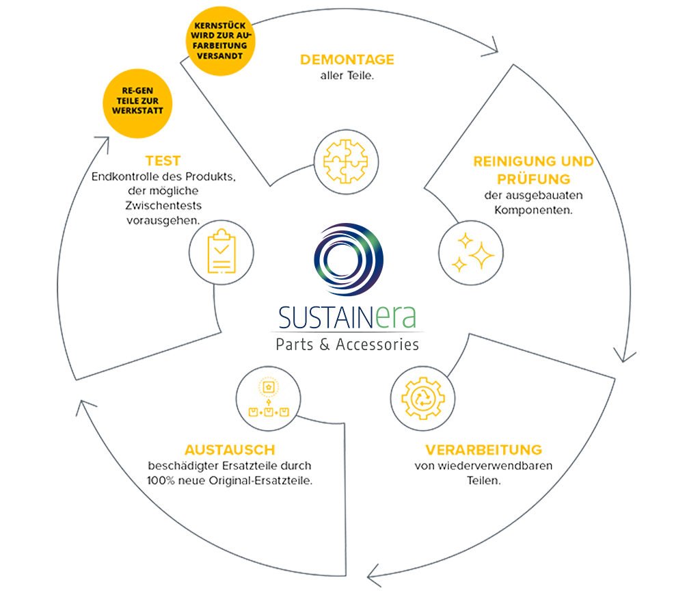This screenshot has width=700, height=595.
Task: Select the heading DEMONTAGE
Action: [x=347, y=60]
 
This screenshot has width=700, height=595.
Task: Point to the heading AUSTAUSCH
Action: [x=230, y=450]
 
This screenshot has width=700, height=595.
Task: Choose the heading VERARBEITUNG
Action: [x=483, y=451]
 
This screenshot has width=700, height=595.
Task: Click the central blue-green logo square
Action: [x=347, y=284]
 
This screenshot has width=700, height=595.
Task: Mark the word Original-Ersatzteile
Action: [x=260, y=481]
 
